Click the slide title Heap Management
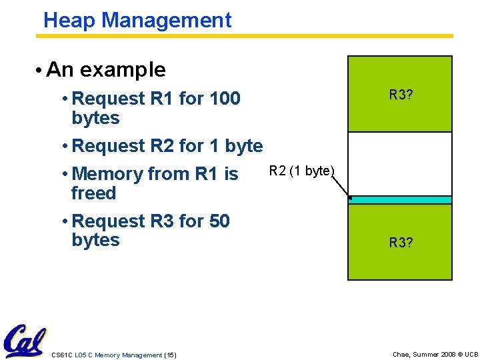[137, 20]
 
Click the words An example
[106, 69]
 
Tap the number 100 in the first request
[225, 99]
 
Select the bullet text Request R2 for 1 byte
[167, 145]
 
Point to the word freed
[93, 193]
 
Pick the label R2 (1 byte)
[301, 171]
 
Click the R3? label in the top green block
[401, 95]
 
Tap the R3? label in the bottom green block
[401, 243]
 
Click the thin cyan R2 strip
[400, 200]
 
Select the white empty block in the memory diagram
[400, 163]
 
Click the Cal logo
[24, 341]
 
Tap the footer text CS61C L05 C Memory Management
[106, 355]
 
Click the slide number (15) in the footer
[170, 355]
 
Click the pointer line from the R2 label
[341, 187]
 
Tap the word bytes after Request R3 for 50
[95, 240]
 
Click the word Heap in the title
[65, 20]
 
